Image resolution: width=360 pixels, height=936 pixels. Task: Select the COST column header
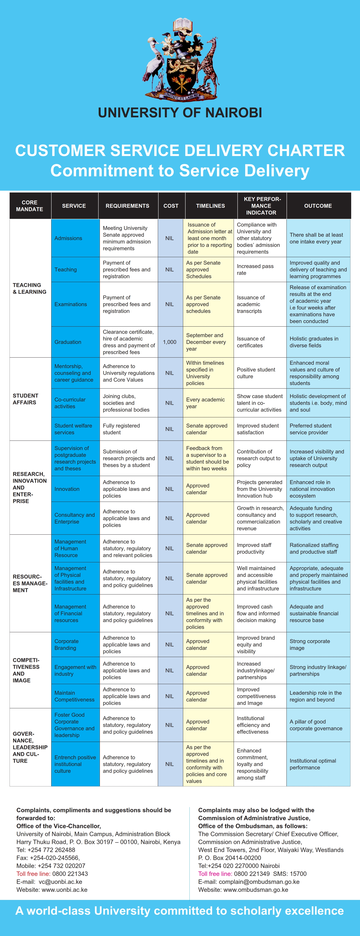click(x=171, y=206)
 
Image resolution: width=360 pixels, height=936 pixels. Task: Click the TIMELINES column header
click(x=210, y=206)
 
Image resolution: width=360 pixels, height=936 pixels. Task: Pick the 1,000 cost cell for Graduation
click(x=170, y=342)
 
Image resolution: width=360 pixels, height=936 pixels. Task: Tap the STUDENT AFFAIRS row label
click(x=25, y=399)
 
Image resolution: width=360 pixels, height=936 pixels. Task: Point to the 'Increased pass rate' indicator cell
click(x=255, y=270)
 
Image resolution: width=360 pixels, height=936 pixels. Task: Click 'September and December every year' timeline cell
click(x=206, y=342)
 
